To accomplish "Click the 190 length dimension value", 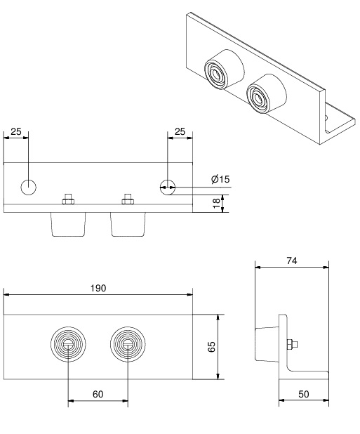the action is click(98, 288).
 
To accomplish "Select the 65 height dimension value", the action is click(211, 346).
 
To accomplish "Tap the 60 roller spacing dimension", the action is click(98, 394).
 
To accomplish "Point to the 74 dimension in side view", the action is click(292, 261).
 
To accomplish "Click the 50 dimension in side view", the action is click(304, 394).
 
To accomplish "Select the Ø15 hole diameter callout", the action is click(220, 179).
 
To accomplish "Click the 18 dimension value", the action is click(217, 204).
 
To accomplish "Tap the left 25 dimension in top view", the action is click(15, 131).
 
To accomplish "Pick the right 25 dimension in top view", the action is click(180, 131).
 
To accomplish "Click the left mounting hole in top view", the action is click(29, 187).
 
